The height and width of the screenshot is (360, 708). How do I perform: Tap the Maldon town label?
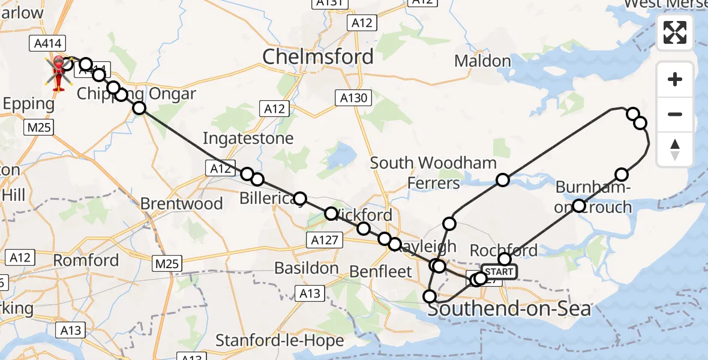click(x=482, y=61)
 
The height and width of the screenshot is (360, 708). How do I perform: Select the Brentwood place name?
click(x=181, y=203)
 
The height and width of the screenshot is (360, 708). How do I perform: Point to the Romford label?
click(x=86, y=260)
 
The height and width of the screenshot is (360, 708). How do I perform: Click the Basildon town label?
click(x=307, y=268)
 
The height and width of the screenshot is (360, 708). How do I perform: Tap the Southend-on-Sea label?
click(x=509, y=310)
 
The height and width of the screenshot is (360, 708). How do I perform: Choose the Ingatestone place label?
click(x=248, y=139)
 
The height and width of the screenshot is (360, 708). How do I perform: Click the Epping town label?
click(x=28, y=104)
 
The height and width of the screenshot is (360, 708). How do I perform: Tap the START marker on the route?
click(x=498, y=272)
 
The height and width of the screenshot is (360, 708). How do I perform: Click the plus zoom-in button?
click(x=675, y=80)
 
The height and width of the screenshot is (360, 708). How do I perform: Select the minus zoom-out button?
click(x=675, y=114)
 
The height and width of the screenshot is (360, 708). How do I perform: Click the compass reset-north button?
click(x=675, y=149)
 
